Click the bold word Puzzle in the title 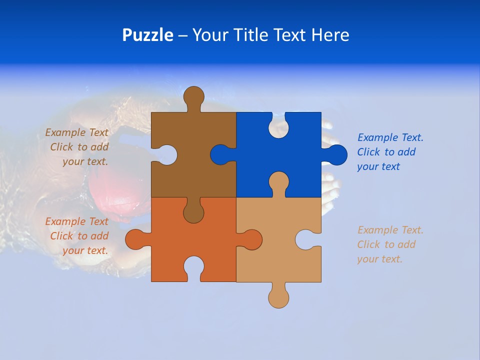[147, 35]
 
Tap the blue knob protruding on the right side [336, 154]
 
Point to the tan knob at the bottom [278, 297]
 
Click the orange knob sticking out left [134, 239]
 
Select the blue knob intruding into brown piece [220, 154]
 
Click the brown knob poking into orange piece [193, 212]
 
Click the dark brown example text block [78, 147]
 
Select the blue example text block [389, 152]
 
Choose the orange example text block [78, 236]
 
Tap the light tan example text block [389, 244]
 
